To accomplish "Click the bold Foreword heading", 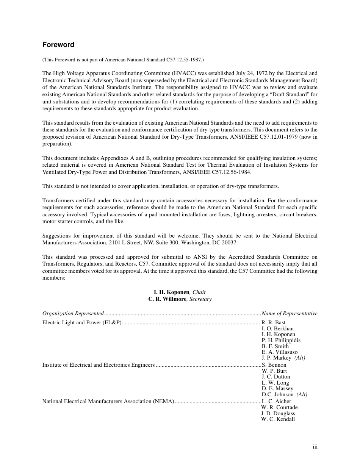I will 58,45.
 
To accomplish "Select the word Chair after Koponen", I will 199,292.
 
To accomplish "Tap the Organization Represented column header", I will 73,313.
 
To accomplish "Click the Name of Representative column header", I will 290,313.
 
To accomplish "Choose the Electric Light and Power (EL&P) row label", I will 81,322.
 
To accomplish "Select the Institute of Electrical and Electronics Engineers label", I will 98,365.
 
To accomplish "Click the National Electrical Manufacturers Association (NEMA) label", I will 108,401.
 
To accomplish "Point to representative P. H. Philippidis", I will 281,340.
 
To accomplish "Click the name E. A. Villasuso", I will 279,352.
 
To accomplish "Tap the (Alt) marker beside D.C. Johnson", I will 302,394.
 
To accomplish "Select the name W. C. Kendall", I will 278,419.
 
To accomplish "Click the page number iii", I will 315,447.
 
